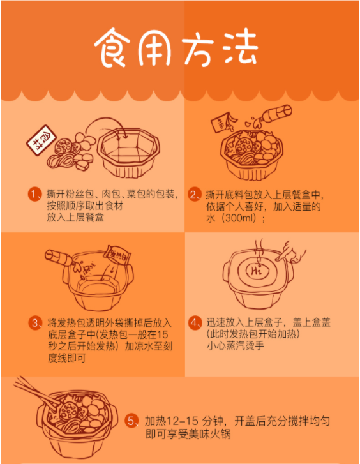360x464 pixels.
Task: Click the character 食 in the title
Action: pyautogui.click(x=112, y=47)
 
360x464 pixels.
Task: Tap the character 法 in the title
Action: pyautogui.click(x=241, y=47)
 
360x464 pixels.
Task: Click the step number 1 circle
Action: pyautogui.click(x=35, y=194)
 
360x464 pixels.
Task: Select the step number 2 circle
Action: pyautogui.click(x=195, y=194)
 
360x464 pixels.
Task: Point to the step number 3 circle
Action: pyautogui.click(x=36, y=322)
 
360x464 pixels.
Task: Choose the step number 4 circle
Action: pyautogui.click(x=195, y=322)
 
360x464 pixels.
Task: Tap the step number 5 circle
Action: pyautogui.click(x=131, y=421)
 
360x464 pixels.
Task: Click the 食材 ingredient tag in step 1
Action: pyautogui.click(x=41, y=140)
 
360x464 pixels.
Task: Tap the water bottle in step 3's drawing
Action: pyautogui.click(x=59, y=257)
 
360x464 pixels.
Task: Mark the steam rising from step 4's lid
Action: pyautogui.click(x=259, y=250)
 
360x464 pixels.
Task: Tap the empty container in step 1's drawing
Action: pyautogui.click(x=128, y=153)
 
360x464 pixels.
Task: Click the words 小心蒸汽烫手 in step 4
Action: pyautogui.click(x=236, y=345)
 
